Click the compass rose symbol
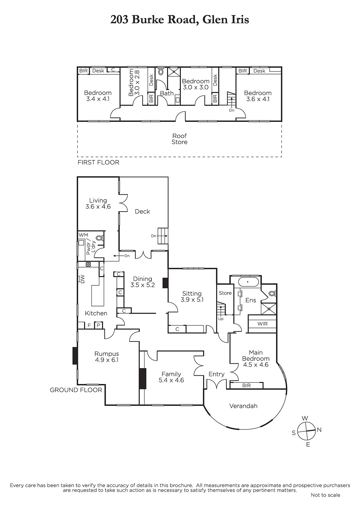point(307,431)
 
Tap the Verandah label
point(243,406)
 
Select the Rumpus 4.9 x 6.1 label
point(107,357)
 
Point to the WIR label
point(262,324)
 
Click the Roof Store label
point(180,139)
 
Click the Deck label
point(142,211)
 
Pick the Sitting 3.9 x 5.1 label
point(192,296)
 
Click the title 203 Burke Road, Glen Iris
point(180,19)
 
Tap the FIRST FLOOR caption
point(98,162)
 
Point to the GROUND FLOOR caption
point(76,390)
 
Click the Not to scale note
point(325,495)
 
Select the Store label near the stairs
point(225,293)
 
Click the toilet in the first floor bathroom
point(161,72)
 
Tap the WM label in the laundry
point(83,235)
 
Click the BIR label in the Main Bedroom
point(246,385)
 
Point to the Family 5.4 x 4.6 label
point(171,377)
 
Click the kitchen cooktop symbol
point(88,264)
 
